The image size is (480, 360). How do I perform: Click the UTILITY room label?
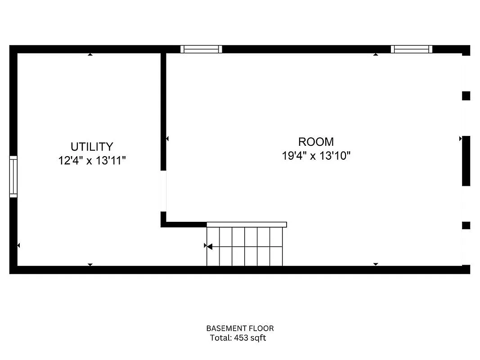pos(92,147)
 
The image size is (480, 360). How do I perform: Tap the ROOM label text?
pos(316,142)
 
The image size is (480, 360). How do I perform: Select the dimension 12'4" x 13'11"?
pos(92,161)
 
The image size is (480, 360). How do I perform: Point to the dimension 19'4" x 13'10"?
pos(316,156)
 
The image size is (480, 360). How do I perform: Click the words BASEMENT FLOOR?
pos(240,328)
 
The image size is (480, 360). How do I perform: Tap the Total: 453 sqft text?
pos(238,338)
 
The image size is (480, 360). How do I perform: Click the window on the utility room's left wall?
pos(13,177)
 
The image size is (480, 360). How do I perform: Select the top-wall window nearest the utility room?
pos(201,49)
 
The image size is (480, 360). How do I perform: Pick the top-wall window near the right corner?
pos(411,49)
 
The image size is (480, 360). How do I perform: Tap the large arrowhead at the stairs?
pos(209,246)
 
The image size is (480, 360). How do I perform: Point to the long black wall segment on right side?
pos(466,161)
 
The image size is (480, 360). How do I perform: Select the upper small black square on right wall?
pos(466,95)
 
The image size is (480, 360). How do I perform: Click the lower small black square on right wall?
pos(466,225)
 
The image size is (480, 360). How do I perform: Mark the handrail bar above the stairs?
pos(247,224)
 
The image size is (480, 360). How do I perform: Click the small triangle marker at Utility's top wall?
pos(90,54)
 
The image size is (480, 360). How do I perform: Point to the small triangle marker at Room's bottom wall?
pos(376,264)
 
